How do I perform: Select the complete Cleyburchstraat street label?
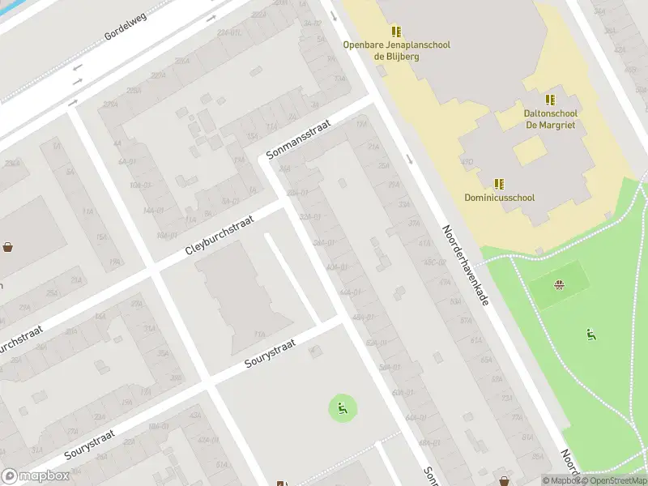pos(220,236)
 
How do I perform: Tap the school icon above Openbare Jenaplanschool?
pos(396,32)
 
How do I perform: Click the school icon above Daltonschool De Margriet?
pos(550,100)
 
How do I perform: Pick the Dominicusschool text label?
pos(499,197)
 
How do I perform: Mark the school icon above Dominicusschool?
pos(499,184)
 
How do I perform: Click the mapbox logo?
pos(36,476)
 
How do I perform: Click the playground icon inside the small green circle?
pos(342,407)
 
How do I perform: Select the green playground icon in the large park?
pos(590,334)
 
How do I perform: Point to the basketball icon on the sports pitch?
pos(558,284)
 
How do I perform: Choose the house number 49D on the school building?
pos(467,162)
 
